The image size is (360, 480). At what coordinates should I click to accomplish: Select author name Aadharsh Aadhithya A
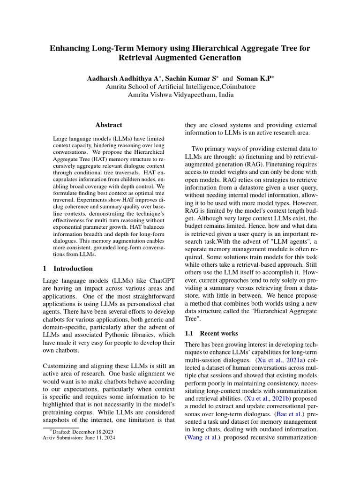pyautogui.click(x=124, y=79)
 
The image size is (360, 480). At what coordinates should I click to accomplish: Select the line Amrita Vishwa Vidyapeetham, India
pyautogui.click(x=180, y=95)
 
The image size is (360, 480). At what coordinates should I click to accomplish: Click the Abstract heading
pyautogui.click(x=109, y=125)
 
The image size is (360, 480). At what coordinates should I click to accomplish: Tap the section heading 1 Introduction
pyautogui.click(x=67, y=269)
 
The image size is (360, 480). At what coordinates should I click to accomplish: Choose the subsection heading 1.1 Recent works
pyautogui.click(x=211, y=333)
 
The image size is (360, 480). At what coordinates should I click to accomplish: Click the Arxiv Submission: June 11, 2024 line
pyautogui.click(x=78, y=438)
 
